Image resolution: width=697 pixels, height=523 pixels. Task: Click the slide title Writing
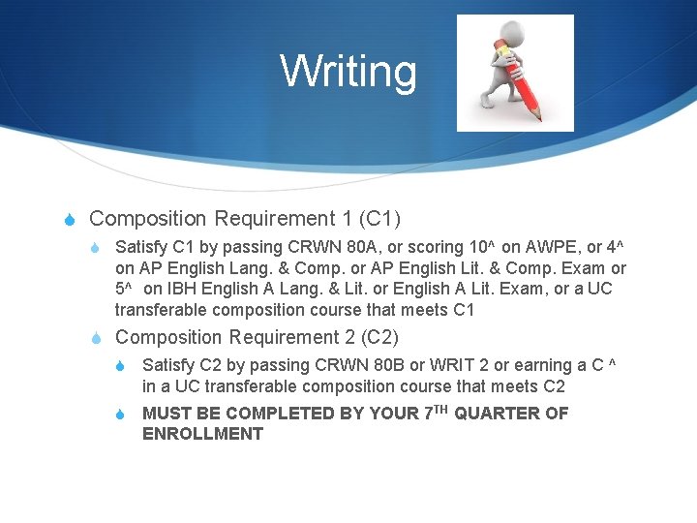[348, 72]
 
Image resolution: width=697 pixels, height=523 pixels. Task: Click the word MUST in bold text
[166, 414]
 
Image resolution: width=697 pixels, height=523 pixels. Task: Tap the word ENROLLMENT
[202, 434]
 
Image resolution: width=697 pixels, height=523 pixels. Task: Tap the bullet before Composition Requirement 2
[97, 338]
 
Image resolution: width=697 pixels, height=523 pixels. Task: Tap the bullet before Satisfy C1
[97, 248]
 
